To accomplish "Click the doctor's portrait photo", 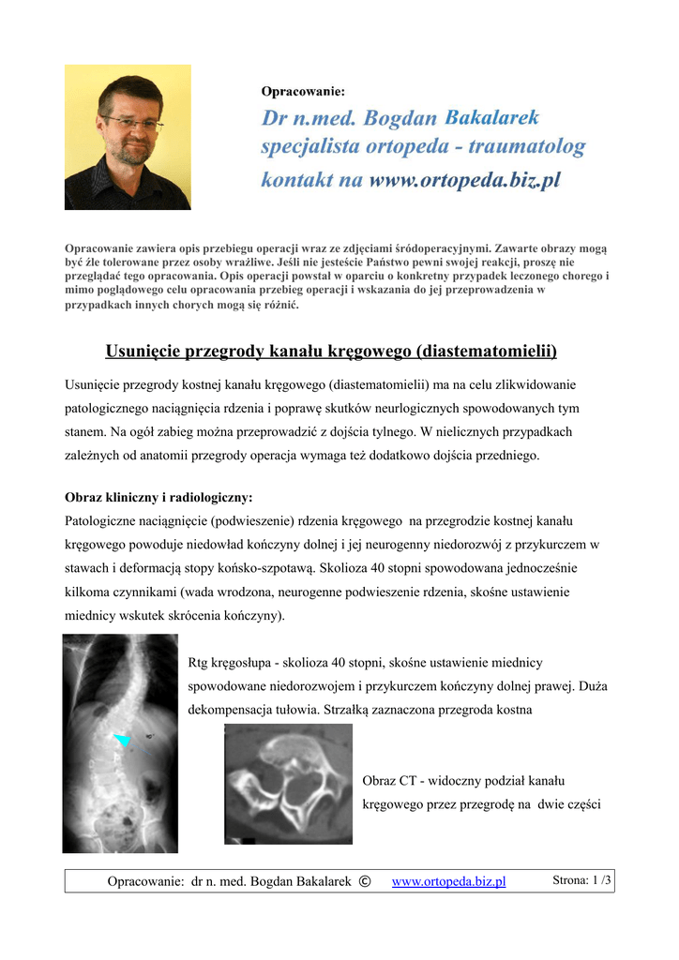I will (x=128, y=137).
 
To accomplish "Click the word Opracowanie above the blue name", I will (x=302, y=91).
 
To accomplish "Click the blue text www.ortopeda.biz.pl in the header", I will (x=464, y=179).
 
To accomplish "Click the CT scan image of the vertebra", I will (x=287, y=784).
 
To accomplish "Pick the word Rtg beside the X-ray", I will (x=198, y=663).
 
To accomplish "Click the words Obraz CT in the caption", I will (x=388, y=780).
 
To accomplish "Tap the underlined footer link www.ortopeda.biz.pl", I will (x=448, y=881).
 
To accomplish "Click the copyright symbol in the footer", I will (x=365, y=881).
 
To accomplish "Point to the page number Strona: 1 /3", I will (x=581, y=880).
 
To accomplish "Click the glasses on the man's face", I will (x=131, y=122).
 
